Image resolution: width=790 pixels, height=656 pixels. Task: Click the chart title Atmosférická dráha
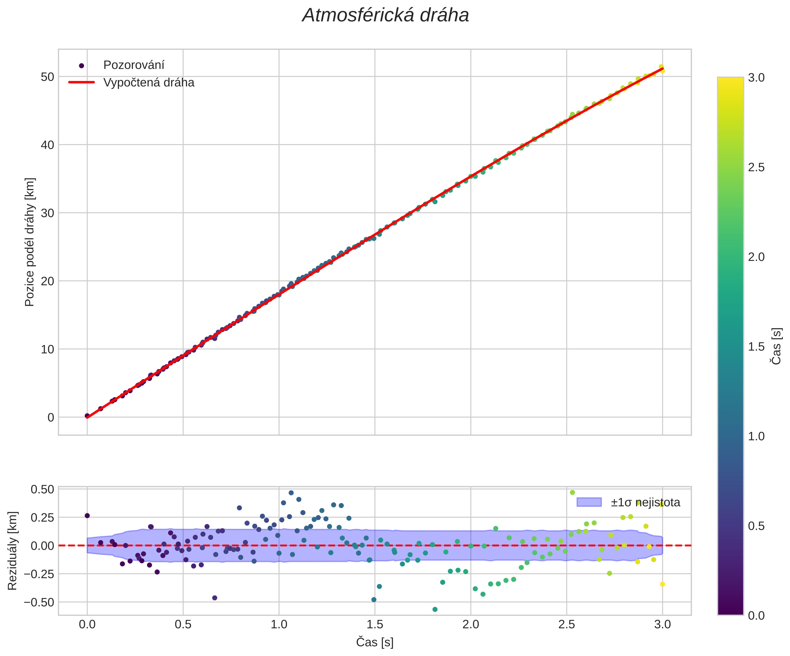[x=385, y=16]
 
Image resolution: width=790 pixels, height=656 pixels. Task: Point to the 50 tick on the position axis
[x=47, y=77]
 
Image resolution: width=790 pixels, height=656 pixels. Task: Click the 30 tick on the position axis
[x=47, y=213]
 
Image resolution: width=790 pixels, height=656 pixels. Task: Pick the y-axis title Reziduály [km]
[x=13, y=551]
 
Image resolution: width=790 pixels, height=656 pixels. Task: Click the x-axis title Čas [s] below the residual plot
[x=375, y=642]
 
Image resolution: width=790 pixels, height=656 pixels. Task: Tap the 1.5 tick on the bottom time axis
[x=375, y=624]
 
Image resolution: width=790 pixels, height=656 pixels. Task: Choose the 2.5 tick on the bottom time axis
[x=567, y=624]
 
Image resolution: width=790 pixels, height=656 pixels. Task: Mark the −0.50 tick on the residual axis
[x=39, y=602]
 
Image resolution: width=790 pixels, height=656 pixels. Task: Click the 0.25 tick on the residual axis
[x=42, y=517]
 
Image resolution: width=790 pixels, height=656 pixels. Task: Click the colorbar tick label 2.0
[x=756, y=257]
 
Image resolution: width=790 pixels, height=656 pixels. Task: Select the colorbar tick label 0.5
[x=756, y=526]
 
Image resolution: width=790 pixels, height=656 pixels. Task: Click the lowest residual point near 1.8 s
[x=435, y=609]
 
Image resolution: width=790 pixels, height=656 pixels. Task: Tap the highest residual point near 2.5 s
[x=572, y=492]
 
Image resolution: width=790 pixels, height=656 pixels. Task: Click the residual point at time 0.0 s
[x=87, y=516]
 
